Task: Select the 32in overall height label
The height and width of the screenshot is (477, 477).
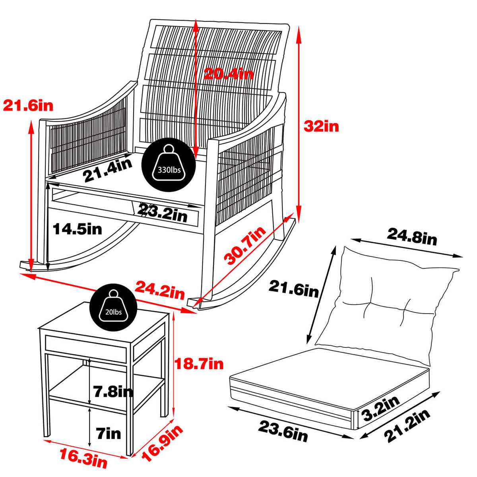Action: click(321, 126)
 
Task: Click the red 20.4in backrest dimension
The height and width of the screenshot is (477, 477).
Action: click(228, 74)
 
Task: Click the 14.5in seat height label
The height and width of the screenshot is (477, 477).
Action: click(78, 229)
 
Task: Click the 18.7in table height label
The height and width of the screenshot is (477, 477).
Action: click(200, 363)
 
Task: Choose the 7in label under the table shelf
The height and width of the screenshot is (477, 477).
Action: click(108, 433)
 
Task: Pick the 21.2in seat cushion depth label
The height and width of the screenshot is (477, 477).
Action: click(407, 425)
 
